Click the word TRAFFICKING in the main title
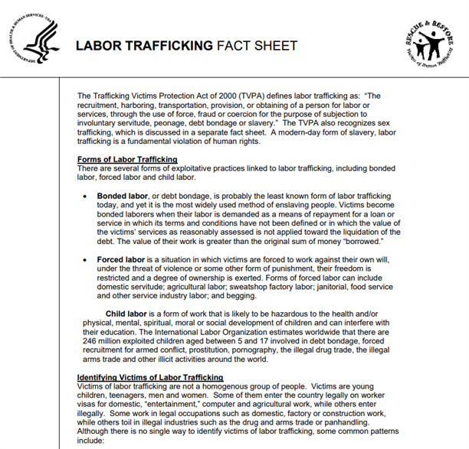(164, 45)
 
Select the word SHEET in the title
(276, 45)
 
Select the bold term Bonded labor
(125, 196)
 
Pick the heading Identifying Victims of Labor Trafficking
(150, 378)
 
